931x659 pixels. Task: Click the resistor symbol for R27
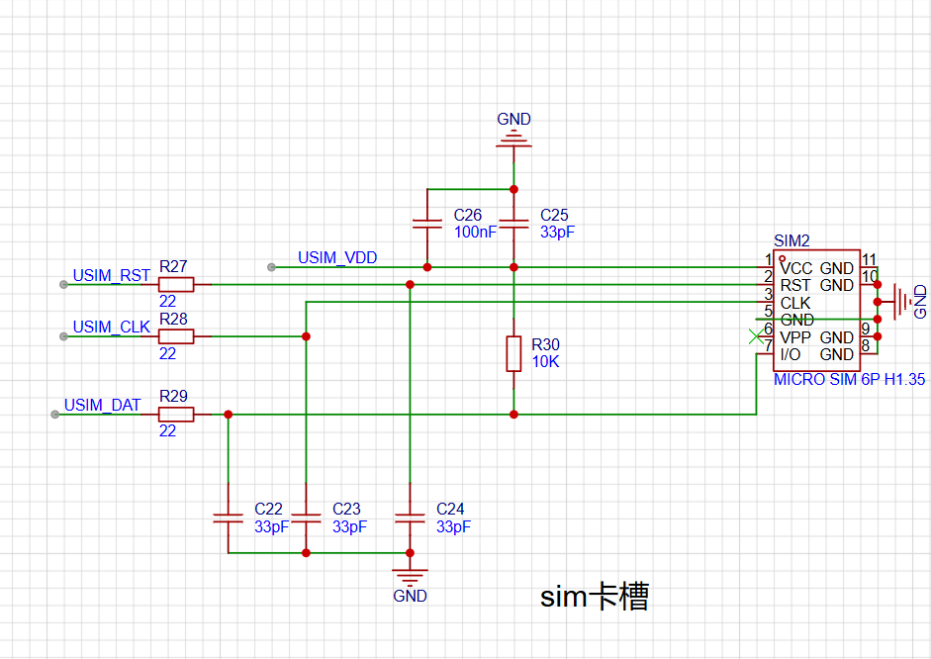176,284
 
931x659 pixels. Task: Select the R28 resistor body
176,336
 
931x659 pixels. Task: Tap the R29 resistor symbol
176,415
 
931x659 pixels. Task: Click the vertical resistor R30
513,354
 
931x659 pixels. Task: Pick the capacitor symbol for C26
426,224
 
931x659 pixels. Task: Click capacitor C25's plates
513,224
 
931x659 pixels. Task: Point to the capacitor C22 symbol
228,518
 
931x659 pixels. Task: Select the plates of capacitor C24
410,518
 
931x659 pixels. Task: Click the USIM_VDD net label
337,257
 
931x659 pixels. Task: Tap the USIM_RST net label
111,275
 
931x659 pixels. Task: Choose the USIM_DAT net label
102,405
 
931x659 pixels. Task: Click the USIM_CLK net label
111,328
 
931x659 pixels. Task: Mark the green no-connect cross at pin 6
756,336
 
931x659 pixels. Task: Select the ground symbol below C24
410,576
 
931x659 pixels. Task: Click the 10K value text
546,361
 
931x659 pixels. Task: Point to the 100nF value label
475,233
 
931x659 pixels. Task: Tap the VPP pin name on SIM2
795,337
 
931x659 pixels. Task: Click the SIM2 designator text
791,240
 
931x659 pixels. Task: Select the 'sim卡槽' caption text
595,596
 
